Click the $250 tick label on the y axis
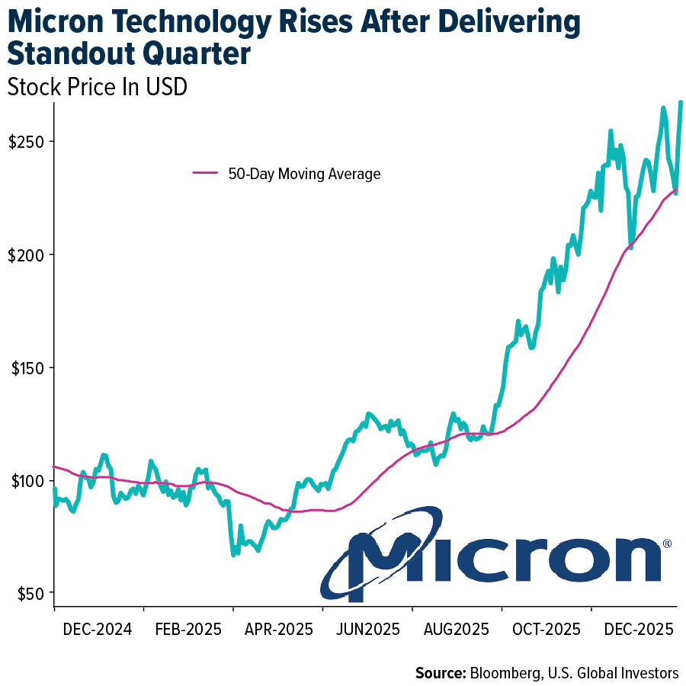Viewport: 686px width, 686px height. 27,142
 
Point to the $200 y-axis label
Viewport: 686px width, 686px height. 27,255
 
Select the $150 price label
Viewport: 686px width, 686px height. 27,367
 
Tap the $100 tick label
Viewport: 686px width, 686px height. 27,481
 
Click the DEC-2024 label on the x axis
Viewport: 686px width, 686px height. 97,630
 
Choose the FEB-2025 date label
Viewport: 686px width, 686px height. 187,630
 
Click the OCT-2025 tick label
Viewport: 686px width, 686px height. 546,630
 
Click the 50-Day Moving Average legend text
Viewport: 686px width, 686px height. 304,174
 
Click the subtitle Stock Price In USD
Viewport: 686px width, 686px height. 97,88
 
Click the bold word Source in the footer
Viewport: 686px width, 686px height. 441,673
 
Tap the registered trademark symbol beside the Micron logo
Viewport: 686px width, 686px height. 667,544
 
